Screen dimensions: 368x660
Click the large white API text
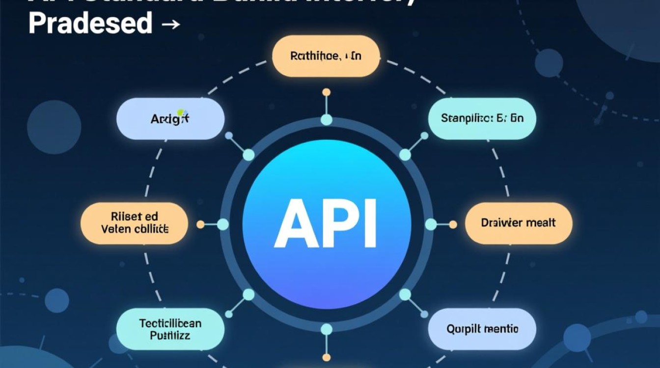[326, 224]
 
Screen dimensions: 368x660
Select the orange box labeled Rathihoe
[326, 56]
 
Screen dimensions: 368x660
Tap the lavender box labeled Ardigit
[170, 118]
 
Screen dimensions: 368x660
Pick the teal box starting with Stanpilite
[482, 118]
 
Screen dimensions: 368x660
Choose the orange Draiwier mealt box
[519, 223]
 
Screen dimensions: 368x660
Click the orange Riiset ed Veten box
[134, 223]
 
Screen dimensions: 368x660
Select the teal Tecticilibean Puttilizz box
[170, 329]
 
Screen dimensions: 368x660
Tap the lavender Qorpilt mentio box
[482, 329]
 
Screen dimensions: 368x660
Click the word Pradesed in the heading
[90, 23]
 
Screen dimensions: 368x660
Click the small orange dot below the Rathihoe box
[326, 92]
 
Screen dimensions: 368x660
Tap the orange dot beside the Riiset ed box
[200, 224]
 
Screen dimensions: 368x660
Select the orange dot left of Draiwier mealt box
[452, 224]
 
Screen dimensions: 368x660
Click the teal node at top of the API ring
[326, 120]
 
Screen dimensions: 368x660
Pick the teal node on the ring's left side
[223, 224]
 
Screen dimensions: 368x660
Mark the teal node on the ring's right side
[431, 224]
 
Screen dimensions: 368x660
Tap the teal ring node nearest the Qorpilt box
[405, 294]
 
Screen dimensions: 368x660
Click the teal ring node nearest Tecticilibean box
[249, 294]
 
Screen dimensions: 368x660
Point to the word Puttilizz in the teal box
[170, 336]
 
